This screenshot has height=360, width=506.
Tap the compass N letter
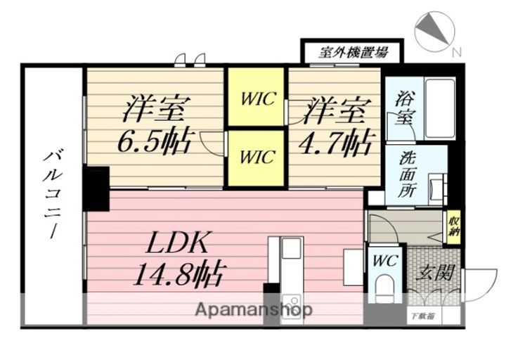457,51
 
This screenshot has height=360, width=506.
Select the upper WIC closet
255,97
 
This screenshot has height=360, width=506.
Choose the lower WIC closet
255,157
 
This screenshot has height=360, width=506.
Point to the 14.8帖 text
182,272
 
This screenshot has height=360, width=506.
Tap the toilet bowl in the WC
384,289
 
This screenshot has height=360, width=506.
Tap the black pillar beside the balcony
96,188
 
